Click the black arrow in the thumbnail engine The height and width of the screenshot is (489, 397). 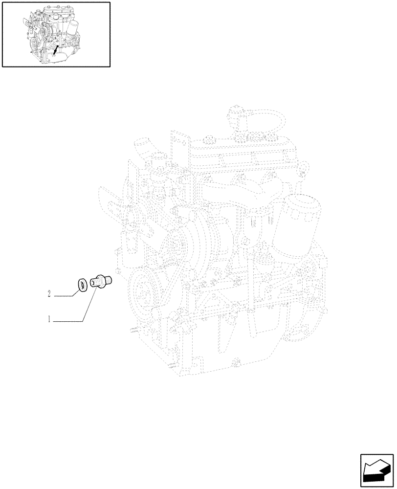(x=55, y=49)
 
